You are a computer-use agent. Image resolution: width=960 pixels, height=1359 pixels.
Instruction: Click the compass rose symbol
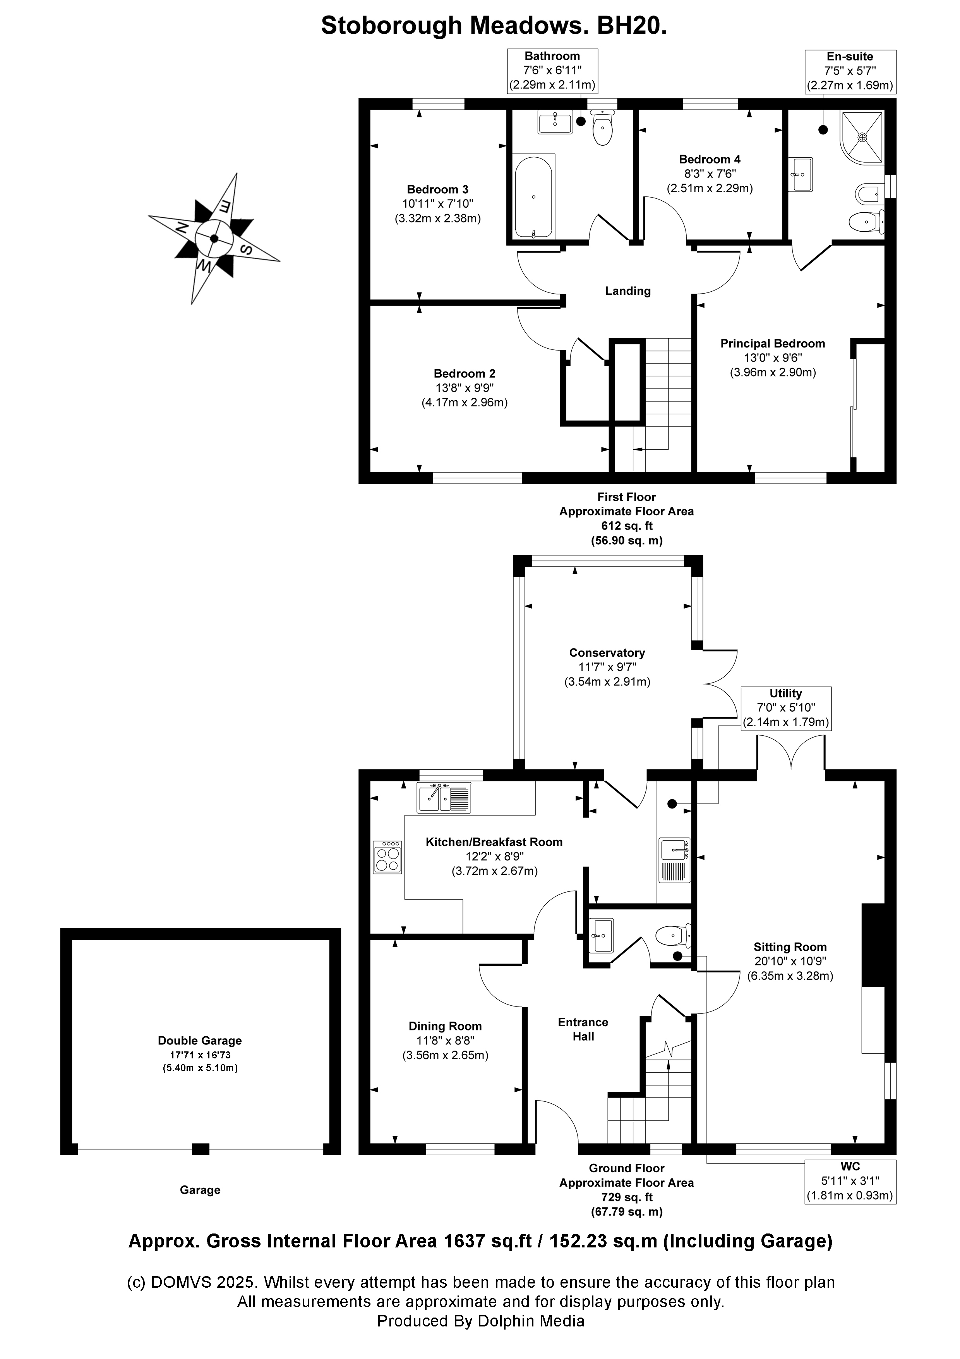214,239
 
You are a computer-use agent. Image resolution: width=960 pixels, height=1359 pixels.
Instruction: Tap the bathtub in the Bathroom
533,196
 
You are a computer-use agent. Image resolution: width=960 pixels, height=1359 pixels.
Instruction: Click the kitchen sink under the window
444,797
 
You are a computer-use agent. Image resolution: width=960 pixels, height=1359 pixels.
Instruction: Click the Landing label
627,291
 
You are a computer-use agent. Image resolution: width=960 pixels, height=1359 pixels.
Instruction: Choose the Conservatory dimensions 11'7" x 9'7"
607,667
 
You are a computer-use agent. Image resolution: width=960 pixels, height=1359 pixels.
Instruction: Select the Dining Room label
445,1026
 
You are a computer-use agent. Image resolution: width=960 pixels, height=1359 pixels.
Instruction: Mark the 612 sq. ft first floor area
626,526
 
